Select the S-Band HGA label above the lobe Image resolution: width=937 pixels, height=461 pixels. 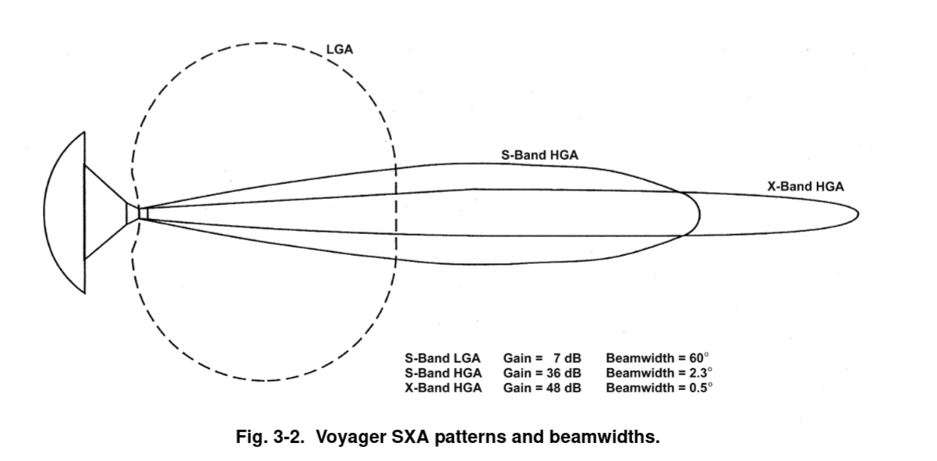click(539, 156)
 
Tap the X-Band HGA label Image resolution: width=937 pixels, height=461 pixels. click(805, 186)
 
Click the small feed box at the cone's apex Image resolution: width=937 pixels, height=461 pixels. click(143, 212)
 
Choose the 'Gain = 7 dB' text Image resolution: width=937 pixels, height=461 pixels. click(542, 359)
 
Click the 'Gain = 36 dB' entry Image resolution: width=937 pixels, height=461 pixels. click(542, 373)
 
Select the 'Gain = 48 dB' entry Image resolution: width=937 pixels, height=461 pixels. click(542, 388)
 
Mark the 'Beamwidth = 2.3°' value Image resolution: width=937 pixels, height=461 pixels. click(659, 373)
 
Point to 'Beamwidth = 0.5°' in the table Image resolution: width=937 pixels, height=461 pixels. click(659, 388)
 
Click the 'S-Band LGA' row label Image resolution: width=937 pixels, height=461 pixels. click(442, 359)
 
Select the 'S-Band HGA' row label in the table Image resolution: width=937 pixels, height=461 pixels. click(443, 373)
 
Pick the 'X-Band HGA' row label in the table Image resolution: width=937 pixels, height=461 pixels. click(443, 388)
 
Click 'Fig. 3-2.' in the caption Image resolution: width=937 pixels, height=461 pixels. click(266, 437)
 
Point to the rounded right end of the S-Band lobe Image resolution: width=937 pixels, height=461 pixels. click(699, 212)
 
